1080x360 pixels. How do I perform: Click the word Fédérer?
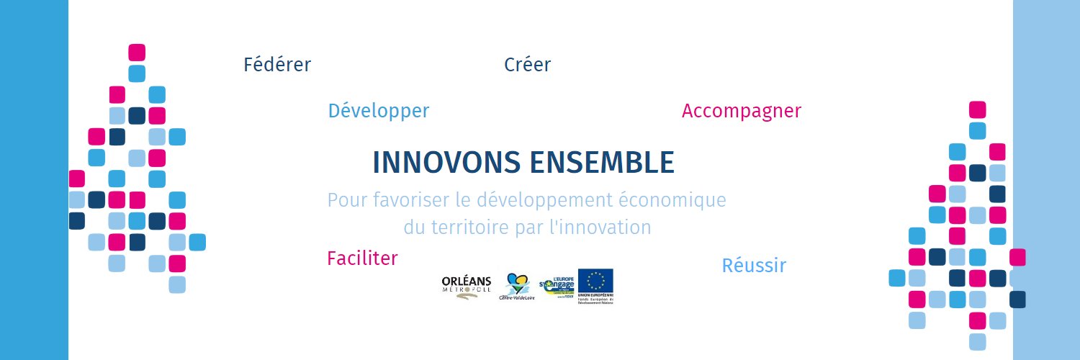pos(277,65)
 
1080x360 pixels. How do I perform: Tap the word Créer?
pos(527,65)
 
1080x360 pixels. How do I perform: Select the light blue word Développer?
pos(378,111)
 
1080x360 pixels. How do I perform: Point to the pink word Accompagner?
pos(741,111)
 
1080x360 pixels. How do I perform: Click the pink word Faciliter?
pos(362,258)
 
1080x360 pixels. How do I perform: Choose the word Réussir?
pos(754,266)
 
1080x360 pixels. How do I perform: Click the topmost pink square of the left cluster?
pos(137,53)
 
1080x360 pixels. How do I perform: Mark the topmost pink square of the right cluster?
pos(977,109)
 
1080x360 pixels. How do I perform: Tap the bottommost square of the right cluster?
pos(977,341)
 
